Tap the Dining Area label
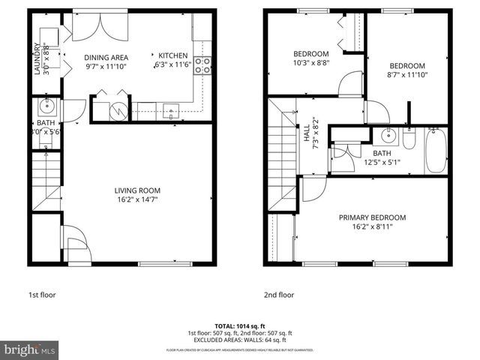point(106,57)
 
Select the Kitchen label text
point(172,56)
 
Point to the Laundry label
point(37,60)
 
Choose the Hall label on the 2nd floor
point(307,134)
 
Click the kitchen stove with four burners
point(202,65)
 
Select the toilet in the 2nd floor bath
point(409,140)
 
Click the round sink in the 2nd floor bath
point(388,136)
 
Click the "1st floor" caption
point(42,295)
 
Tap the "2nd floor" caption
point(278,295)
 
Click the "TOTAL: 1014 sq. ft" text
point(239,326)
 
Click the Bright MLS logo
point(30,349)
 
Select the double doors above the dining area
point(100,28)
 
